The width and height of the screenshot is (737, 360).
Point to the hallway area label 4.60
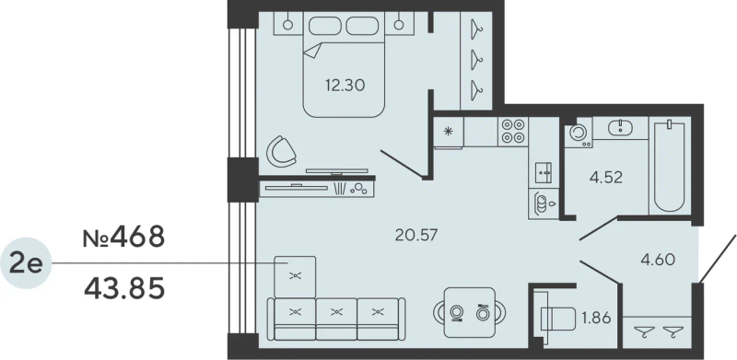pos(658,260)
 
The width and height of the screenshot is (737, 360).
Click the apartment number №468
pos(123,237)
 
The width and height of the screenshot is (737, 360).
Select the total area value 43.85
pos(123,288)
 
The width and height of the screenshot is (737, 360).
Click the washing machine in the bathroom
pos(579,133)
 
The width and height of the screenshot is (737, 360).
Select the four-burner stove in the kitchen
pos(513,132)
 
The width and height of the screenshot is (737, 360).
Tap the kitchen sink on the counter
pos(541,170)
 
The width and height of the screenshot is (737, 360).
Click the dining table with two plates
pos(469,312)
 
